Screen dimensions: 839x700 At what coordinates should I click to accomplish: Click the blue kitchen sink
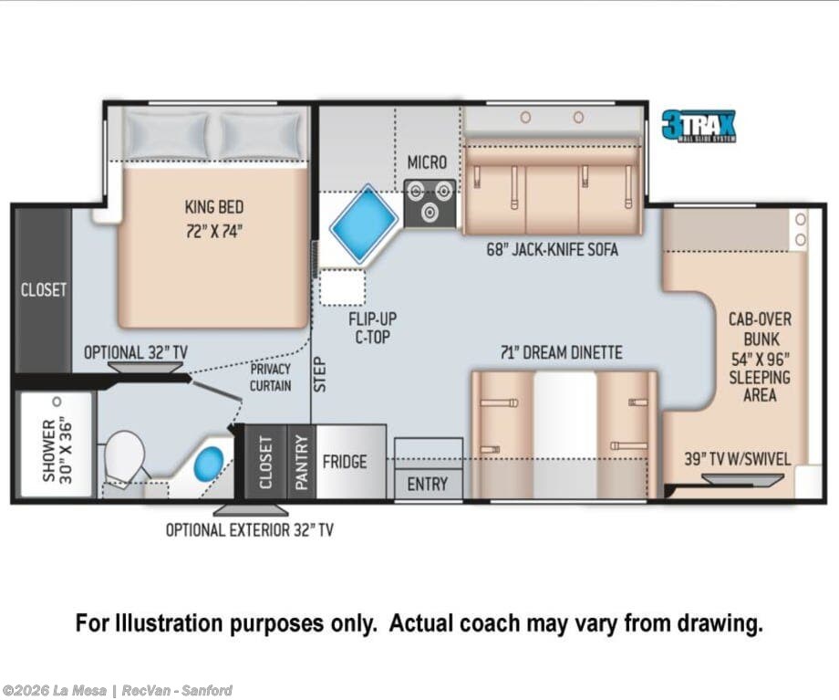tap(364, 225)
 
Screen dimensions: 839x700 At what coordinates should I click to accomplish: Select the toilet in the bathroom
tap(124, 456)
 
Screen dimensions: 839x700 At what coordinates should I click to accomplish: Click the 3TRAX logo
tap(699, 126)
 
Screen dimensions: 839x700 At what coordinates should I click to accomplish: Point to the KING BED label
tap(214, 207)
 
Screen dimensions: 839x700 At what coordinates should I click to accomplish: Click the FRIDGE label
tap(345, 462)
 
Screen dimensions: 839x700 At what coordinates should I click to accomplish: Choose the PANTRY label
tap(302, 462)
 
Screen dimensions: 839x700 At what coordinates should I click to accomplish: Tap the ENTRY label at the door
tap(427, 485)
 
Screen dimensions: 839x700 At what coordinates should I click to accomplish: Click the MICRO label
tap(427, 162)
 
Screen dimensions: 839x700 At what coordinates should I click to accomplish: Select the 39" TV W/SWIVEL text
tap(738, 459)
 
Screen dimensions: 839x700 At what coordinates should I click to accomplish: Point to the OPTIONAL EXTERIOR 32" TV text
tap(249, 529)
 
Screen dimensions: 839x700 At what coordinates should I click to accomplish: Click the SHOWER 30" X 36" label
tap(57, 450)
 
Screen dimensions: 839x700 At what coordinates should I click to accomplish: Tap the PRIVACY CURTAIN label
tap(270, 377)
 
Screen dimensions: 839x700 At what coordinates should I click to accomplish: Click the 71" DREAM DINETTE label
tap(561, 352)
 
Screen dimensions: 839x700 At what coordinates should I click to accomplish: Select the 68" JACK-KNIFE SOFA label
tap(553, 249)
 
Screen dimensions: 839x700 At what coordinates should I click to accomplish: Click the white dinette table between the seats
tap(565, 434)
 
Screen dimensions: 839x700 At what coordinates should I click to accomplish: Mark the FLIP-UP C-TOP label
tap(372, 328)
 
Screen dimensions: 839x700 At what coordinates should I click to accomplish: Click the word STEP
tap(319, 374)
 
